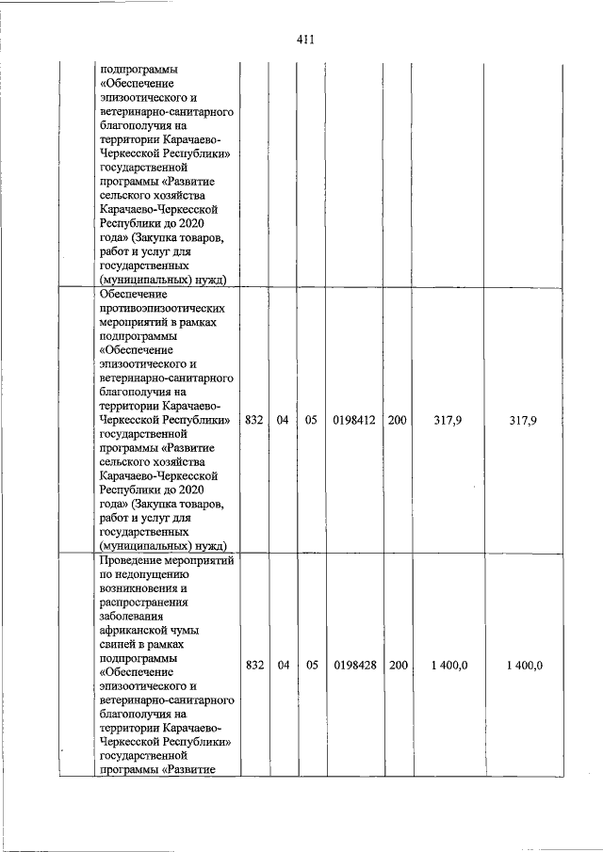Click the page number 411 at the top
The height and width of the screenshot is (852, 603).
coord(303,40)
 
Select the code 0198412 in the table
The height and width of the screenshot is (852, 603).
coord(354,421)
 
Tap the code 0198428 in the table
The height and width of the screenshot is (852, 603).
coord(354,665)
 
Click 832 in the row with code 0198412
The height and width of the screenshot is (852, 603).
coord(253,421)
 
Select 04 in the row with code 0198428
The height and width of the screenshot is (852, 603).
coord(283,665)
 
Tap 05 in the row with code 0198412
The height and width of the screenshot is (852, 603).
coord(311,421)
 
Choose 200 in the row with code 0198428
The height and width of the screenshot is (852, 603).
coord(398,665)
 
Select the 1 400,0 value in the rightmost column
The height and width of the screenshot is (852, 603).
coord(523,665)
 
